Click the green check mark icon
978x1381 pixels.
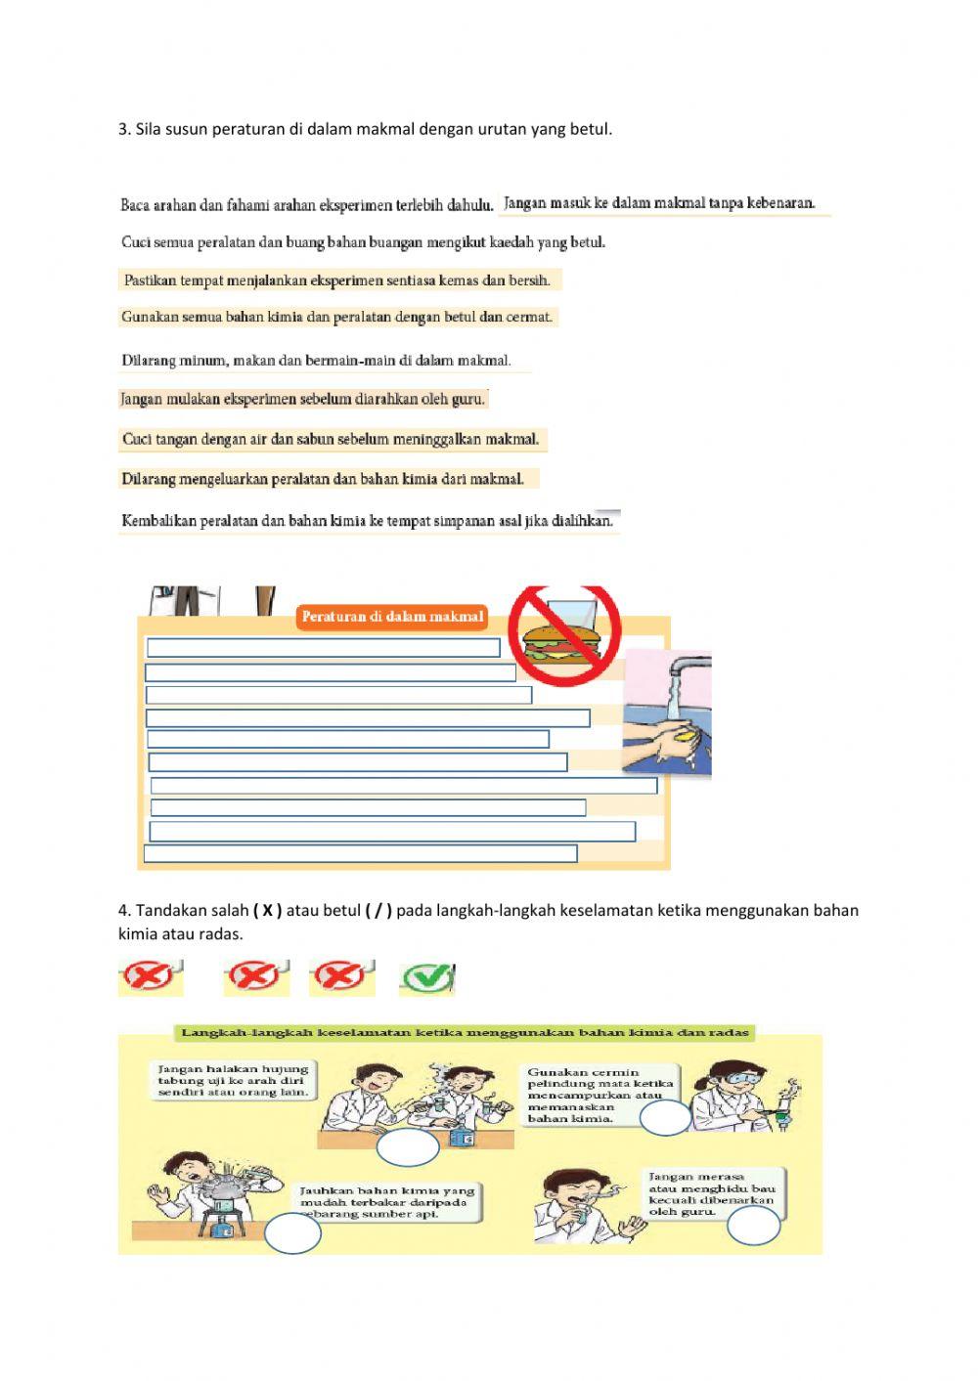(x=428, y=977)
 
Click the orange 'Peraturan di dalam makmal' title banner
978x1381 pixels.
(x=392, y=617)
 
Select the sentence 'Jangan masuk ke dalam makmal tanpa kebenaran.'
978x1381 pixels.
(x=659, y=203)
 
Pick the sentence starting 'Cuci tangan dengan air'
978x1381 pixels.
(x=331, y=440)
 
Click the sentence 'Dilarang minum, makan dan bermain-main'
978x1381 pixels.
(x=316, y=361)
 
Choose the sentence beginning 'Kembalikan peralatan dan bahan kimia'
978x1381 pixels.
(x=367, y=521)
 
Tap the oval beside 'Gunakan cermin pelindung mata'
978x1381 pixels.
(x=665, y=1117)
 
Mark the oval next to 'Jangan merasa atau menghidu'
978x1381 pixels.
(x=754, y=1226)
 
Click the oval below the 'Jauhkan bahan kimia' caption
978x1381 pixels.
(x=292, y=1233)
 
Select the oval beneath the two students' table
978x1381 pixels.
(x=407, y=1148)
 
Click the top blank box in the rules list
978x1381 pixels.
(x=323, y=647)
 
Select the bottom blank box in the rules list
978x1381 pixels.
(x=360, y=854)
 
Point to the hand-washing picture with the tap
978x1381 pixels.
(x=667, y=713)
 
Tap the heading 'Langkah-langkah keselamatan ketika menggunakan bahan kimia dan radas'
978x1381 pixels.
(x=465, y=1032)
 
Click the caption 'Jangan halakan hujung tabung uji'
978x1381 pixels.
(x=233, y=1080)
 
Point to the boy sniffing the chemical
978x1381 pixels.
(x=574, y=1205)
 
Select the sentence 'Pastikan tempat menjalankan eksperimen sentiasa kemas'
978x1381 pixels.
(x=336, y=281)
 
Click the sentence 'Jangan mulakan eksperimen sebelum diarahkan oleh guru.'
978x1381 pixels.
(x=302, y=399)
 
